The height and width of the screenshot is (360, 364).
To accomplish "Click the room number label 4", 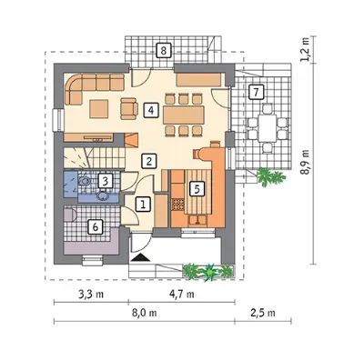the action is pyautogui.click(x=151, y=110).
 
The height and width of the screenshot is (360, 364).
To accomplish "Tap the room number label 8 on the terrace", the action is pyautogui.click(x=164, y=50).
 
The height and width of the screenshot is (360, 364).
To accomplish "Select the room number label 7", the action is pyautogui.click(x=257, y=92).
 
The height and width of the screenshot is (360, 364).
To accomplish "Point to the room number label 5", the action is pyautogui.click(x=197, y=189).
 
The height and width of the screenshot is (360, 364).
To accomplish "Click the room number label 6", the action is pyautogui.click(x=96, y=226).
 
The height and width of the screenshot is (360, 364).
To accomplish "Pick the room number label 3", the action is pyautogui.click(x=106, y=181).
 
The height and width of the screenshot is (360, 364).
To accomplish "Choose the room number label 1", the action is pyautogui.click(x=144, y=204).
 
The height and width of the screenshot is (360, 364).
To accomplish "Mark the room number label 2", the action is pyautogui.click(x=149, y=161).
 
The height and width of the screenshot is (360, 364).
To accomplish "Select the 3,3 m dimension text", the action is pyautogui.click(x=91, y=294).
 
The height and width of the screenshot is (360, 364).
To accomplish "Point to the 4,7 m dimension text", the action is pyautogui.click(x=182, y=294).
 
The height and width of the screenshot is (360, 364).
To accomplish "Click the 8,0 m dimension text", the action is pyautogui.click(x=145, y=313).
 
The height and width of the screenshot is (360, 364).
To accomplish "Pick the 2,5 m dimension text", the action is pyautogui.click(x=263, y=313).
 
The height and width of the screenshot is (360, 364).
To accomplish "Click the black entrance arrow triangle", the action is pyautogui.click(x=140, y=257).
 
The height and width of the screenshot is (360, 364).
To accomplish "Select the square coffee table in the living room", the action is pyautogui.click(x=99, y=109).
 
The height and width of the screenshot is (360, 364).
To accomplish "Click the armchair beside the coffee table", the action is pyautogui.click(x=129, y=108).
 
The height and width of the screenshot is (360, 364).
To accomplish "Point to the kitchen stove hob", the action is pyautogui.click(x=178, y=205).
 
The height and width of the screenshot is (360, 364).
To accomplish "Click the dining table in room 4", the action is pyautogui.click(x=183, y=115).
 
